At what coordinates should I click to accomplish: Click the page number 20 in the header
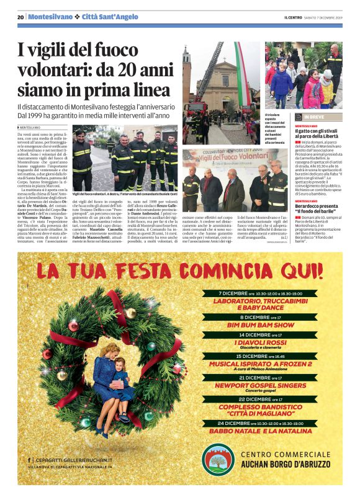[x=20, y=17]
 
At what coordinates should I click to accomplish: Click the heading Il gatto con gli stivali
[x=318, y=130]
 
